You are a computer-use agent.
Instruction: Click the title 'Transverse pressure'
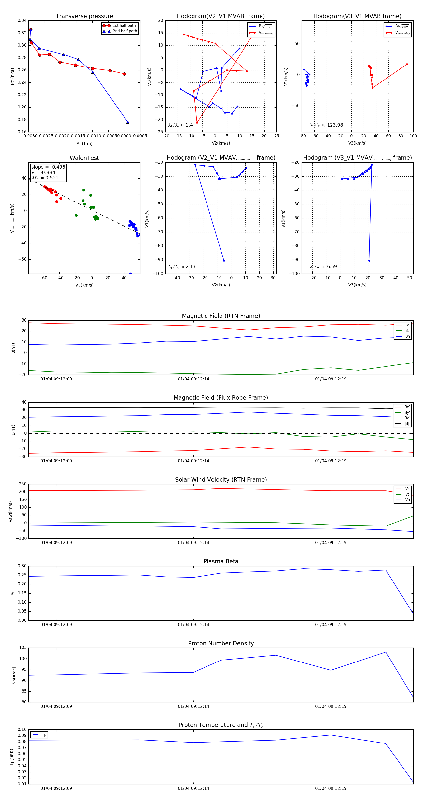coord(84,16)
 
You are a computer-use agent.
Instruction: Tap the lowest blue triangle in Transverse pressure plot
coord(128,122)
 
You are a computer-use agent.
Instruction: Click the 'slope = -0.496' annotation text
coord(48,167)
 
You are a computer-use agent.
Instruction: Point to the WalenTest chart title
coord(84,158)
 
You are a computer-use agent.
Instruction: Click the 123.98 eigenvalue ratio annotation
coord(335,125)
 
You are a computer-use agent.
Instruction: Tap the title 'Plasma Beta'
coord(221,561)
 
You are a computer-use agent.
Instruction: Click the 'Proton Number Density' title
coord(221,643)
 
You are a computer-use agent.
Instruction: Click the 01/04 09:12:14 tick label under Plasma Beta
coord(193,624)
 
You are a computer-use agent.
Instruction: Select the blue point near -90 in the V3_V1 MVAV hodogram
coord(369,261)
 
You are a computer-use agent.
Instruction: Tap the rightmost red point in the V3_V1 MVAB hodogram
coord(407,64)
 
